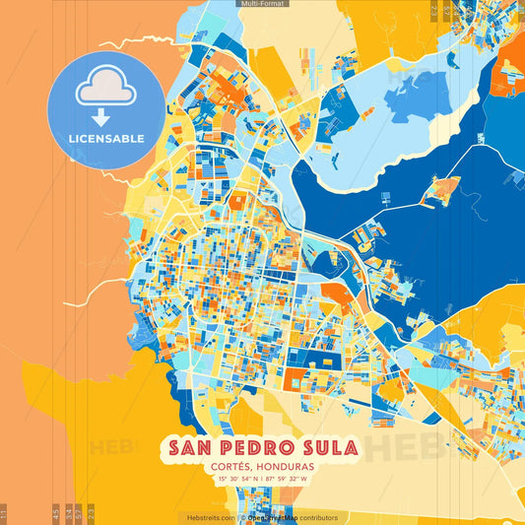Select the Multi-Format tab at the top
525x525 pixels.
(262, 4)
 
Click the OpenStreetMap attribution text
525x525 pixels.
(272, 517)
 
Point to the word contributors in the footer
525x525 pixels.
(317, 517)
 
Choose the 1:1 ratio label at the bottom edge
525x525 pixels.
(4, 514)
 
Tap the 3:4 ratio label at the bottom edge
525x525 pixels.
(68, 514)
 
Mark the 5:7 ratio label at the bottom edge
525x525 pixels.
(79, 514)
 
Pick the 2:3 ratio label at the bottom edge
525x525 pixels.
(91, 514)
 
